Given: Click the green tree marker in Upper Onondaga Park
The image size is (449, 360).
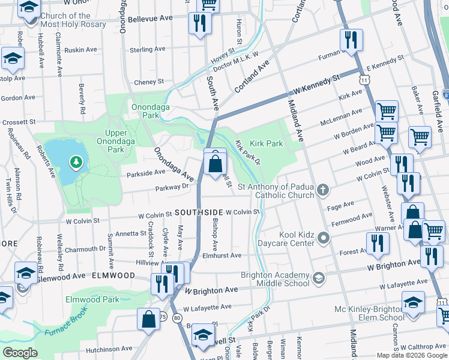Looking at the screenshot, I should (76, 161).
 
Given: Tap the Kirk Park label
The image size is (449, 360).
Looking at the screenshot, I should (267, 144).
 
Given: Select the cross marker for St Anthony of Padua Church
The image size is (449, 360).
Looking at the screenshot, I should (324, 191).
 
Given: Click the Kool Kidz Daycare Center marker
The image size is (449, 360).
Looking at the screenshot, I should (324, 239).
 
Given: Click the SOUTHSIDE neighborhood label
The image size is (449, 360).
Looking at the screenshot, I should (199, 212).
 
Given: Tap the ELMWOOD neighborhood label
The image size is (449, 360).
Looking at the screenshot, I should (113, 275).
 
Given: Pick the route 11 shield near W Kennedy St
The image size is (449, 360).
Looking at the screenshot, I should (364, 79).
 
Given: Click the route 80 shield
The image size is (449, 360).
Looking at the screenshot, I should (176, 318).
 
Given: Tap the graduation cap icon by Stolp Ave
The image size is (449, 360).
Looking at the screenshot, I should (12, 58).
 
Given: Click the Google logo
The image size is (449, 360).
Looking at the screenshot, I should (20, 353).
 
